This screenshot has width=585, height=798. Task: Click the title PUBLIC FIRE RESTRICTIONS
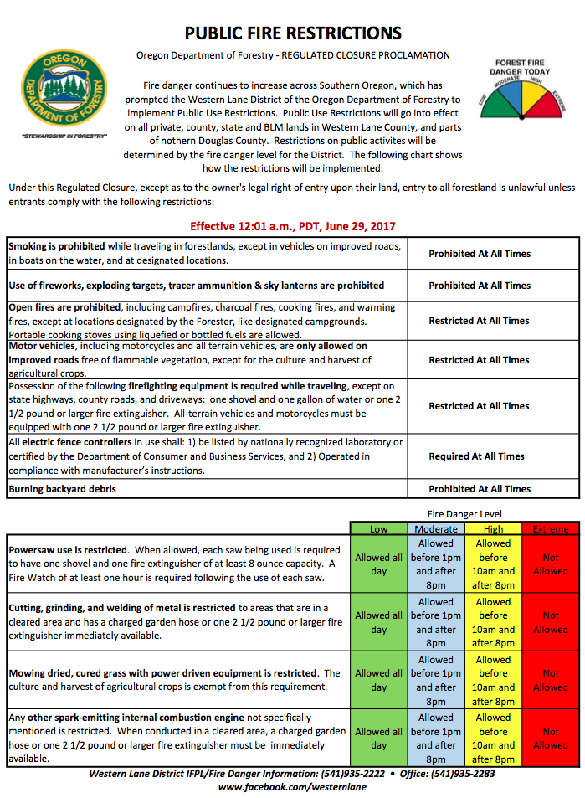pos(293,33)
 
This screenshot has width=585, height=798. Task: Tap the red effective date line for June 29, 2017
pos(292,226)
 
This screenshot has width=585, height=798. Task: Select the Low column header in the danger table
pos(378,529)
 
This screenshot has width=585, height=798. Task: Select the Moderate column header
pos(436,529)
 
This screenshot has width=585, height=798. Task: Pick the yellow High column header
pos(493,529)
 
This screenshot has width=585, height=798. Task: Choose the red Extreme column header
pos(550,529)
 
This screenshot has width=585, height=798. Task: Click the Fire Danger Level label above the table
pos(464,513)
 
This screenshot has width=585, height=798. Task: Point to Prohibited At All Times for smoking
pos(479,254)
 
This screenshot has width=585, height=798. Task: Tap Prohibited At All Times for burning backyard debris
pos(479,489)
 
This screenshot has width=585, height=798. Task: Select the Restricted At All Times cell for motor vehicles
pos(479,360)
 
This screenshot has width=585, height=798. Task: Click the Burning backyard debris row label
pos(63,489)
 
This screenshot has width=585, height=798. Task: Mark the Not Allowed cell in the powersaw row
pos(550,564)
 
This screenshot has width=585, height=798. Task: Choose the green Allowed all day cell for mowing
pos(378,681)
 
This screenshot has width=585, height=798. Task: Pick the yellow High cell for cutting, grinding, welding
pos(493,622)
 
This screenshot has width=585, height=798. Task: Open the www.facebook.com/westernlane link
pos(292,788)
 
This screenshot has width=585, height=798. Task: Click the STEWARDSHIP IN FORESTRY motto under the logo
pos(64,136)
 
